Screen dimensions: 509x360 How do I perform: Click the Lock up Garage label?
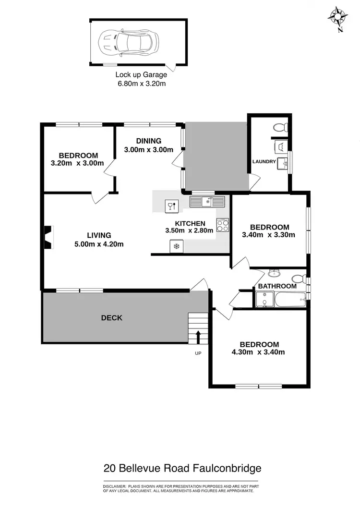pos(141,74)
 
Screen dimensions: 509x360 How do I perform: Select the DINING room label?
pos(148,141)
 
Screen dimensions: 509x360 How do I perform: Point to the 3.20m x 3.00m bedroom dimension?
pos(77,163)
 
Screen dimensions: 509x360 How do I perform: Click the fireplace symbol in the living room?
pos(48,238)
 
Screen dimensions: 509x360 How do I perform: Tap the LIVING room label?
pos(99,235)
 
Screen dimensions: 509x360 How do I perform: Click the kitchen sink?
pos(207,201)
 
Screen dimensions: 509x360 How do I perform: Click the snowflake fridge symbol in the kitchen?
pos(176,246)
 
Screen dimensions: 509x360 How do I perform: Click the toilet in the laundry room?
pos(279,127)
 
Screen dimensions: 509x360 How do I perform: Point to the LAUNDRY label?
pos(264,162)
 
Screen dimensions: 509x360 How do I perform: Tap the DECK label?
pos(111,318)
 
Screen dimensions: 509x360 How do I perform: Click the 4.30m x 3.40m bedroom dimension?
pos(259,352)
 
